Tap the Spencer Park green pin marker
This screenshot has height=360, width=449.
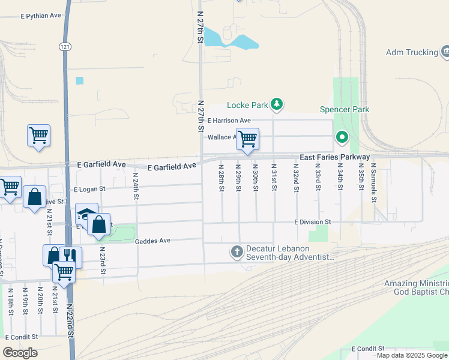pyautogui.click(x=342, y=138)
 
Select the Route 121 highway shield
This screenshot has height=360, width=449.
pyautogui.click(x=65, y=46)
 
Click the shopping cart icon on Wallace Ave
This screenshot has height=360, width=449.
pyautogui.click(x=247, y=139)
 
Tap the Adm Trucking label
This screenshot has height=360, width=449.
pyautogui.click(x=412, y=53)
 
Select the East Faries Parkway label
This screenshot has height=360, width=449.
pyautogui.click(x=335, y=157)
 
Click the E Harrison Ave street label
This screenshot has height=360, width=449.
pyautogui.click(x=229, y=121)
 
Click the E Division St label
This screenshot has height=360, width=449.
pyautogui.click(x=313, y=222)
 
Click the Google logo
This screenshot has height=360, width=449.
pyautogui.click(x=20, y=353)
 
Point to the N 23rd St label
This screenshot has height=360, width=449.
pyautogui.click(x=103, y=260)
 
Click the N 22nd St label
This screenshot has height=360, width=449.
pyautogui.click(x=70, y=320)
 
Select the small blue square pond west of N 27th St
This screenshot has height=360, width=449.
pyautogui.click(x=80, y=80)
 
